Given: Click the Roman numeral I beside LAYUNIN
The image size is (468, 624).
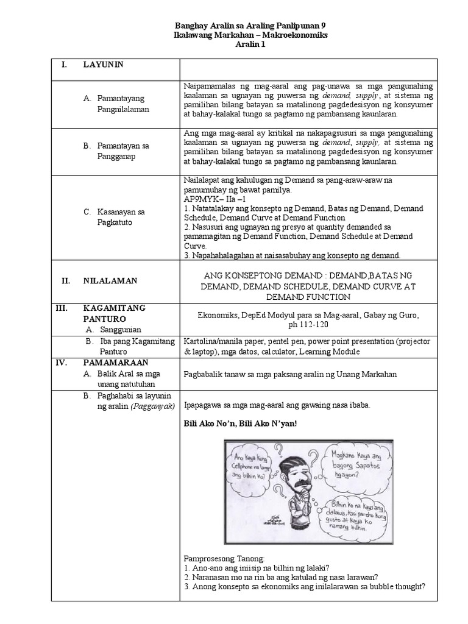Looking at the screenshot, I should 63,65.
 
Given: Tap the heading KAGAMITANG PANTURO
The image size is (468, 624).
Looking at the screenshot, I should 115,313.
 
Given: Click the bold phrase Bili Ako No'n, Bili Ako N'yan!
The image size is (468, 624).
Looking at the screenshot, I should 239,424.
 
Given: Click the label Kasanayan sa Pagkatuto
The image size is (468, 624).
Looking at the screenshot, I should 121,218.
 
